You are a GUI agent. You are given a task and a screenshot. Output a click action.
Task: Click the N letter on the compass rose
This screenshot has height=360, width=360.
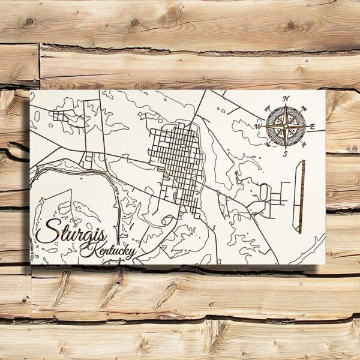(x=286, y=98)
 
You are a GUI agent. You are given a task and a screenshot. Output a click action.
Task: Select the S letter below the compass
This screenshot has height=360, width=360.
(x=286, y=154)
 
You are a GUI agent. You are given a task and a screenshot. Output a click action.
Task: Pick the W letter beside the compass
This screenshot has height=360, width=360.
(x=258, y=127)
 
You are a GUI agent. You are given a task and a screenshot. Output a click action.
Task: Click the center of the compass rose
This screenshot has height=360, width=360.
(x=286, y=126)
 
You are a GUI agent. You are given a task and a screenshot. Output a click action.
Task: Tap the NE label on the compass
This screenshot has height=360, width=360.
(x=304, y=109)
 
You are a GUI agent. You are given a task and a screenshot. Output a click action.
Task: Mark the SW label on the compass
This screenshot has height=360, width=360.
(x=268, y=144)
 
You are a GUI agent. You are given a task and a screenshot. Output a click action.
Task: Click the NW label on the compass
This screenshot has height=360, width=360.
(x=268, y=109)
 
